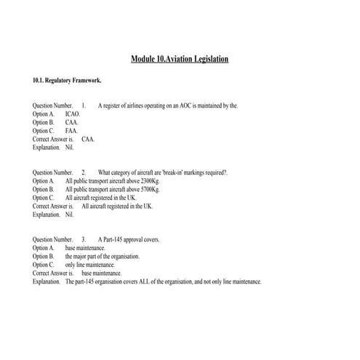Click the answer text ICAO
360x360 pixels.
point(73,114)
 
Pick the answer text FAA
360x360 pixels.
point(71,130)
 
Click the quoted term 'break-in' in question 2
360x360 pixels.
point(169,172)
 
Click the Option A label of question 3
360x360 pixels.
point(43,248)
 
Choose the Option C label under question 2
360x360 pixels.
point(43,198)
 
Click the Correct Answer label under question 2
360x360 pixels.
point(53,206)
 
